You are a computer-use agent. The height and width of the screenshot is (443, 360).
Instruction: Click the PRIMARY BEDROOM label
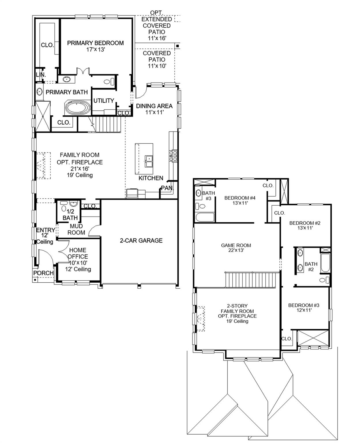(95, 43)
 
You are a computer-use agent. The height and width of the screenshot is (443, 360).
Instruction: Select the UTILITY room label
(104, 101)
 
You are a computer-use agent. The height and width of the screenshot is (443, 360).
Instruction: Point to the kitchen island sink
(149, 161)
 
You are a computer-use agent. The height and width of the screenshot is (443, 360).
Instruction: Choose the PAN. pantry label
(167, 188)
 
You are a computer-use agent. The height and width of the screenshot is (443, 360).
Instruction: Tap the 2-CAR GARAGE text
(141, 241)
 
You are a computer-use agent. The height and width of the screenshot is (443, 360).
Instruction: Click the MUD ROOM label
(76, 229)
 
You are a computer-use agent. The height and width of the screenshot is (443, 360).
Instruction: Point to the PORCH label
(43, 273)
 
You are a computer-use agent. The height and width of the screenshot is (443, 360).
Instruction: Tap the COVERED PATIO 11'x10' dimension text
(157, 66)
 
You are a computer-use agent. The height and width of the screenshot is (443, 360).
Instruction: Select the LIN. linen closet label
(41, 75)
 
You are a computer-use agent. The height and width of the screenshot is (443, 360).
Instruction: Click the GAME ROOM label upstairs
(236, 245)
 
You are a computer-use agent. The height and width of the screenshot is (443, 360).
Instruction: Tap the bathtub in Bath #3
(204, 217)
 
